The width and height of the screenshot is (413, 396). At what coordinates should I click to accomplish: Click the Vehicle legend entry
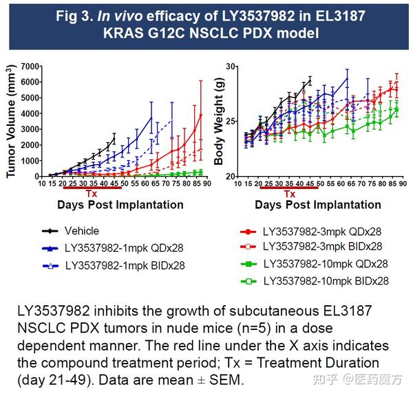[82, 231]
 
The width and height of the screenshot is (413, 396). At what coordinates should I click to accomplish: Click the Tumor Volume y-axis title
[11, 122]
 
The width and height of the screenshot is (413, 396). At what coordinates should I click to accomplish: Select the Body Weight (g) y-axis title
[218, 122]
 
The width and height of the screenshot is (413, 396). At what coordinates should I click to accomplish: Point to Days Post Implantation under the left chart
[120, 205]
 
